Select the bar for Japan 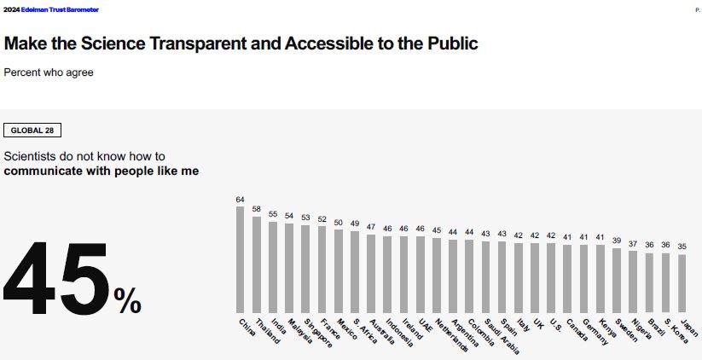coord(682,284)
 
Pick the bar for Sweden coord(617,281)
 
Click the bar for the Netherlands coord(437,276)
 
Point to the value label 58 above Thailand coord(257,209)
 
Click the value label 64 coord(241,199)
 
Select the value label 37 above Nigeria coord(633,244)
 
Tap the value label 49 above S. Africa coord(355,224)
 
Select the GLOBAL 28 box coord(32,131)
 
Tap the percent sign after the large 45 coord(127,300)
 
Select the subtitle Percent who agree coord(49,73)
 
